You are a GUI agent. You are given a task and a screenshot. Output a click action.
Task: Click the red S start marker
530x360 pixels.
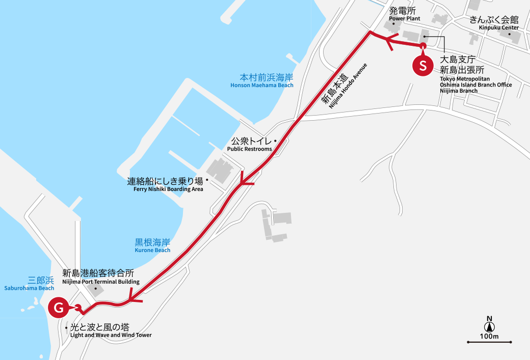[422, 66]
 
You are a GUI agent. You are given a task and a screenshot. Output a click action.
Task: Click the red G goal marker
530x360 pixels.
[59, 308]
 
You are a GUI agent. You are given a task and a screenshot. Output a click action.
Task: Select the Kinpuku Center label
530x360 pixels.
[494, 23]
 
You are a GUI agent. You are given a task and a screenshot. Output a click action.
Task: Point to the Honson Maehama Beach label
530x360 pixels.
[262, 81]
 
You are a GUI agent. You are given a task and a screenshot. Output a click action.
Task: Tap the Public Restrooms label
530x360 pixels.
[249, 144]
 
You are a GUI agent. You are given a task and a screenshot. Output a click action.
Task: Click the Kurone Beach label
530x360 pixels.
[152, 245]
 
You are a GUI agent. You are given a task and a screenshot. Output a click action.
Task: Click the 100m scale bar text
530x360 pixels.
[489, 336]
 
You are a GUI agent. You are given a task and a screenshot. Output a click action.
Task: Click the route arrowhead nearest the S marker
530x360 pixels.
[389, 42]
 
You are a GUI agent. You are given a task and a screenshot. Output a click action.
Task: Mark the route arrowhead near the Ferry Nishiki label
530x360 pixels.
[246, 180]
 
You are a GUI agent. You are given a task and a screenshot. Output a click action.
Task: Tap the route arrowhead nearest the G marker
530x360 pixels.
[134, 298]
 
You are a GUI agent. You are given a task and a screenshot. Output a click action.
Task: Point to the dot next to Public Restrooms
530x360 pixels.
[275, 141]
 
